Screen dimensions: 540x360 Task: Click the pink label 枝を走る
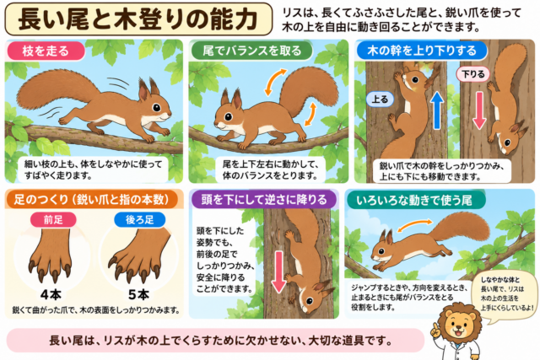(46, 51)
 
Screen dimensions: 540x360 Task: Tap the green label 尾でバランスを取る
(251, 51)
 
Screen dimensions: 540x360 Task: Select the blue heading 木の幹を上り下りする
(422, 51)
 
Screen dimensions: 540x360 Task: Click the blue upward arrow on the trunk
(437, 110)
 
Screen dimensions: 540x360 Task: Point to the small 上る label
(380, 99)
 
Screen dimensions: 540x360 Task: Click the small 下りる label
(472, 74)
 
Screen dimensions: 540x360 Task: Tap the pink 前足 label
(53, 219)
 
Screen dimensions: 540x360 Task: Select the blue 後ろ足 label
(139, 219)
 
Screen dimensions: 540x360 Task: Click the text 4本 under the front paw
(51, 294)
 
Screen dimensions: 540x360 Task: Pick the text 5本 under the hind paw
(138, 294)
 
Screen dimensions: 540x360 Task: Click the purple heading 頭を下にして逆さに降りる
(263, 200)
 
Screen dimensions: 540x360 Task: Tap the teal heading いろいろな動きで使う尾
(414, 200)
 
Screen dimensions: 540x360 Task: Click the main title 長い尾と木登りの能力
(138, 19)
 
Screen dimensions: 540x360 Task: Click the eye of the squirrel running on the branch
(157, 108)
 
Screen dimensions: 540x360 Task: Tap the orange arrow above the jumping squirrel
(414, 225)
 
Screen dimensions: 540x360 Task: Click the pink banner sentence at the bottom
(220, 341)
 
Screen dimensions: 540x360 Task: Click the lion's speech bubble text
(507, 293)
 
